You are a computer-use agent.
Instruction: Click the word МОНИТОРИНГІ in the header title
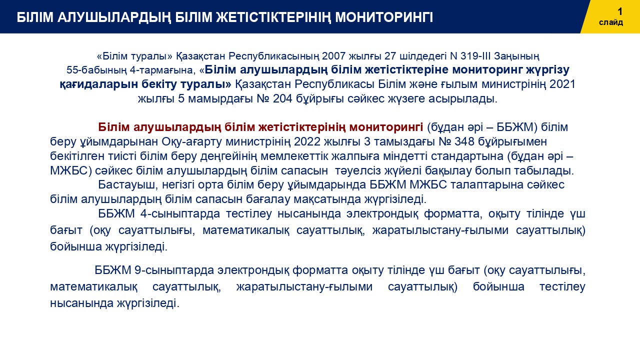click(x=384, y=17)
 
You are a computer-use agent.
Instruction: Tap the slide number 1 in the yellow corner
click(x=619, y=11)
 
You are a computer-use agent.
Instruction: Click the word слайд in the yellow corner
click(x=611, y=22)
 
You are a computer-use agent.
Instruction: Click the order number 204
click(x=282, y=99)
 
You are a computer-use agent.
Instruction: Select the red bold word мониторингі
click(x=386, y=127)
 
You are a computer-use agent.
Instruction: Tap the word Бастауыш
click(x=128, y=185)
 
